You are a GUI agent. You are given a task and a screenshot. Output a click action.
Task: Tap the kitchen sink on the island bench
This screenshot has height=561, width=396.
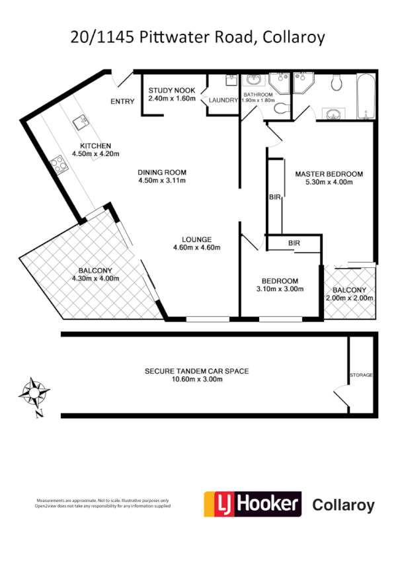(81, 120)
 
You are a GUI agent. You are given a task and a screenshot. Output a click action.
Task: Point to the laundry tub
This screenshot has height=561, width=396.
(231, 80)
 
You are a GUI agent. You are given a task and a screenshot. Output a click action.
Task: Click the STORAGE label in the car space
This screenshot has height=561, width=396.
(361, 375)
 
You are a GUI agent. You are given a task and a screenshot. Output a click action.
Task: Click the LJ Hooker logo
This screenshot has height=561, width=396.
(252, 505)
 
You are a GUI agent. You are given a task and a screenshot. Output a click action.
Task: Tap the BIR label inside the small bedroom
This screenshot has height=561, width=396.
(294, 243)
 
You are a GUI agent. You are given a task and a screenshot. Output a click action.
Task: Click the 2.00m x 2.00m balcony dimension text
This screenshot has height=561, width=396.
(350, 298)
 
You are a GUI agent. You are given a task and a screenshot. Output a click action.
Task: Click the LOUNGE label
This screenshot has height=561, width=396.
(197, 239)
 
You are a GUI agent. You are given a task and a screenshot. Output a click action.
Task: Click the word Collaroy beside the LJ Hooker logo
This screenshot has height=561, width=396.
(342, 506)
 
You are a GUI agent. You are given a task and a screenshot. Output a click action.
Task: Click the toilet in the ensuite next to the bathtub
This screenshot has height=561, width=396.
(336, 83)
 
